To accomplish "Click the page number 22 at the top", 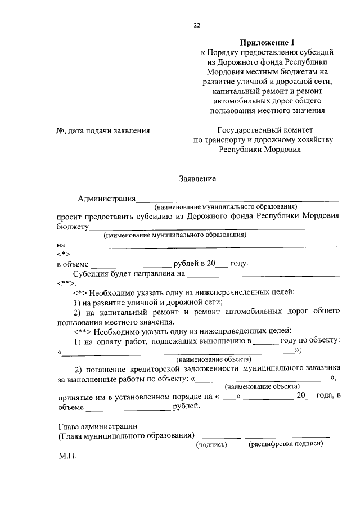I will [x=197, y=25].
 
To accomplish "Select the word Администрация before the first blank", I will [x=107, y=198].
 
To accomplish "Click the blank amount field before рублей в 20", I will [x=130, y=264].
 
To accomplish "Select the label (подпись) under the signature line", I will [x=211, y=444].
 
